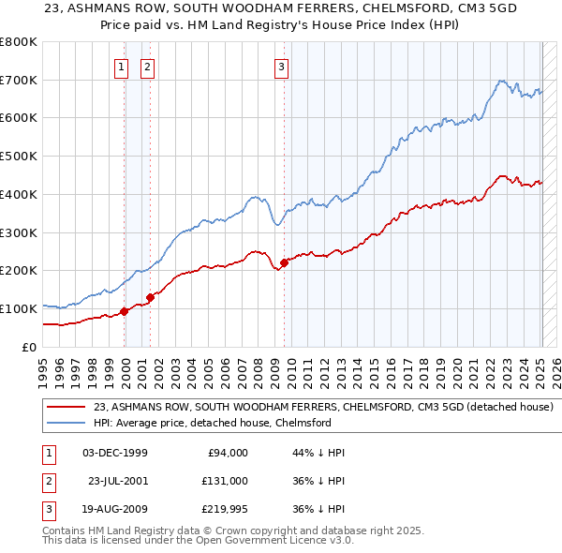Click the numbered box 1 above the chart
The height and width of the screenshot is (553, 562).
pyautogui.click(x=122, y=67)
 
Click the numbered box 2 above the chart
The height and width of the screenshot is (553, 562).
pyautogui.click(x=148, y=67)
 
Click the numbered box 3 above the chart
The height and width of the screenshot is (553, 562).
pyautogui.click(x=281, y=67)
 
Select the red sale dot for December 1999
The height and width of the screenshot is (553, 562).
pyautogui.click(x=124, y=311)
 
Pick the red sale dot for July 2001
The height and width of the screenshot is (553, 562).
pyautogui.click(x=150, y=297)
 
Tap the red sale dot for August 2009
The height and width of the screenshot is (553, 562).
pyautogui.click(x=284, y=262)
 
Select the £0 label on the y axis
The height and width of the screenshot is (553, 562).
pyautogui.click(x=28, y=347)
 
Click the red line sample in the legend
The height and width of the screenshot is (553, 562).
pyautogui.click(x=66, y=407)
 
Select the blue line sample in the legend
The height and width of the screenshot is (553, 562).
pyautogui.click(x=66, y=423)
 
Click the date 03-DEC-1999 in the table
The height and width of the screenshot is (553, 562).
pyautogui.click(x=115, y=453)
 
